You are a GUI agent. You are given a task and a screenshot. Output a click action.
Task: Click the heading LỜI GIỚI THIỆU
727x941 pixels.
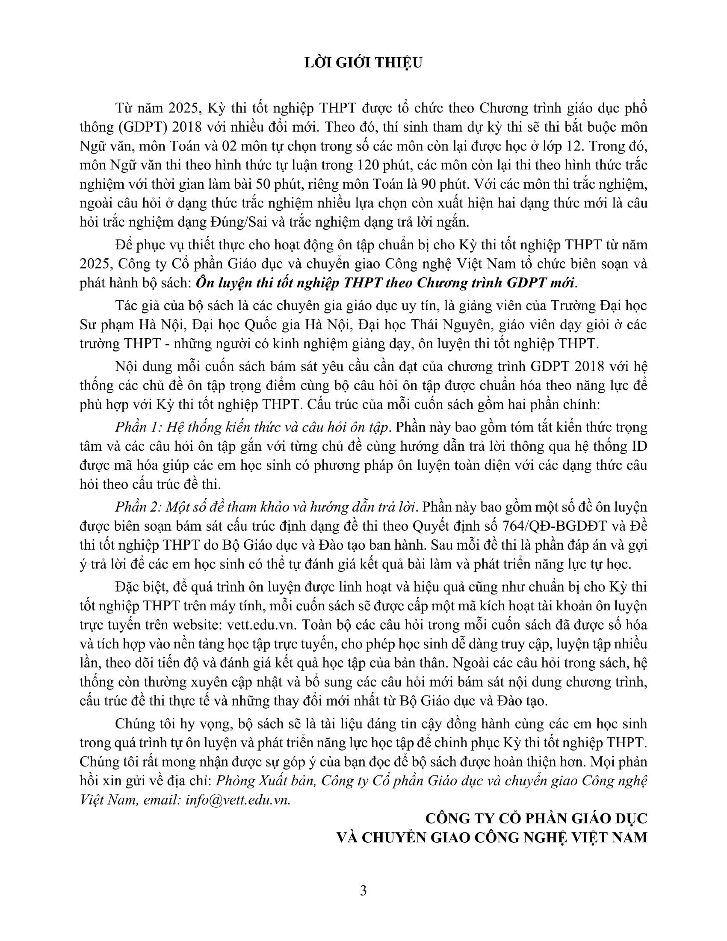(363, 63)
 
